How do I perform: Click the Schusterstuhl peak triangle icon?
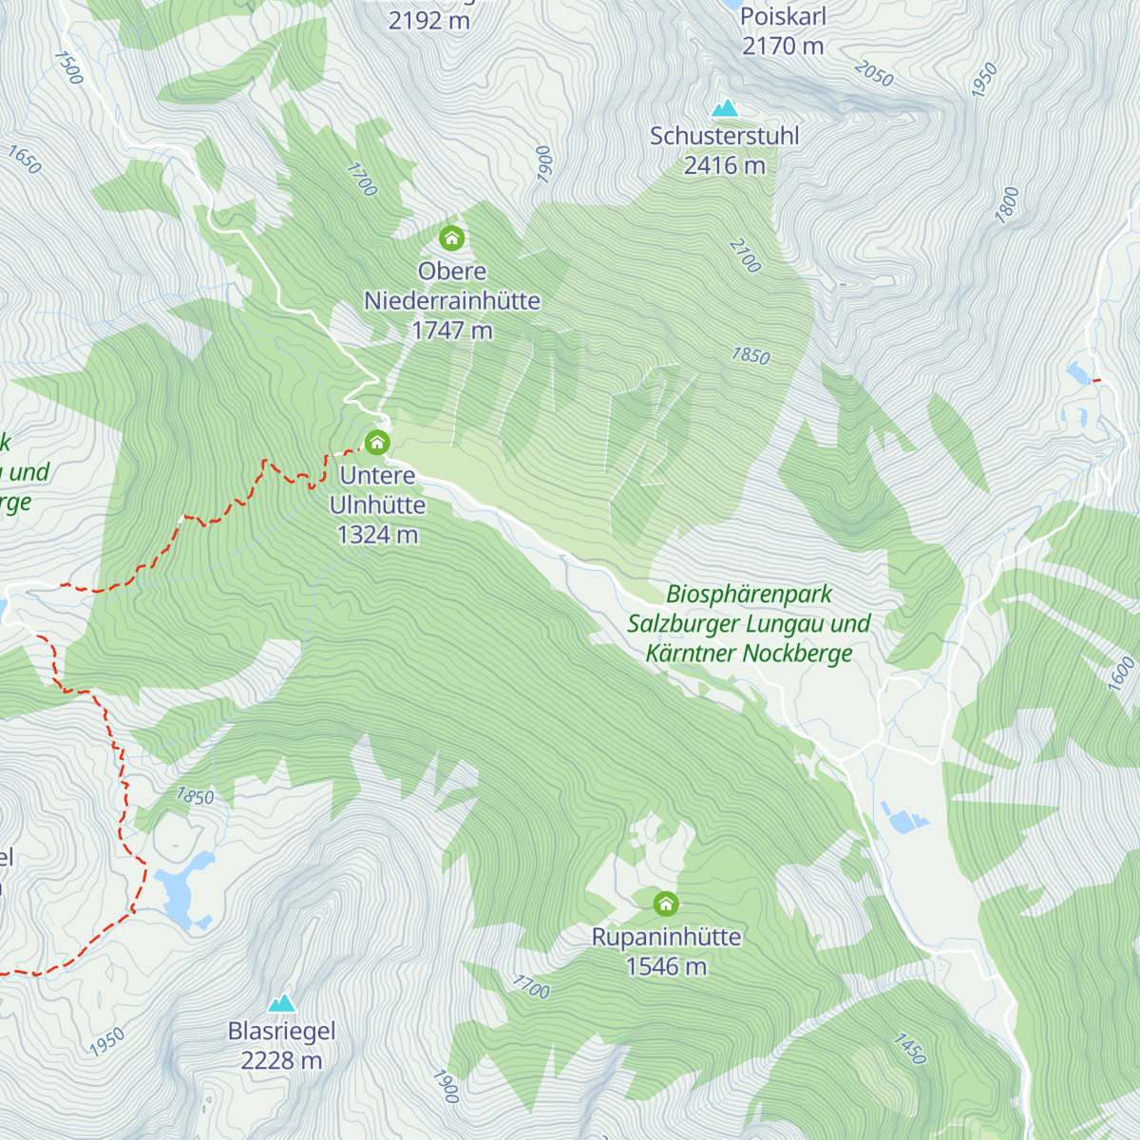tap(725, 108)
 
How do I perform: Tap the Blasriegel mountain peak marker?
tap(281, 1003)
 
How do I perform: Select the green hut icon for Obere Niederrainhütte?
tap(451, 237)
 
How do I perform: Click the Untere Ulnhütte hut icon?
tap(377, 443)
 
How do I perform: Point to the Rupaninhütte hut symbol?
tap(666, 903)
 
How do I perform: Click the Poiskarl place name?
tap(783, 17)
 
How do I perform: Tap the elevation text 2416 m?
tap(724, 165)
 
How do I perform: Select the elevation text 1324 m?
tap(377, 535)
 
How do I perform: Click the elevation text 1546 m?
tap(666, 966)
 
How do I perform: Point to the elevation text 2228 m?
tap(281, 1060)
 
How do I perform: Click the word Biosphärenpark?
tap(749, 595)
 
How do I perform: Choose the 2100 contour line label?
tap(746, 256)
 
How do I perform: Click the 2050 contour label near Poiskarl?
tap(873, 73)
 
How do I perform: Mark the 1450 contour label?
tap(909, 1049)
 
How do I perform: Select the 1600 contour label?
tap(1121, 673)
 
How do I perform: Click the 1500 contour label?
tap(69, 67)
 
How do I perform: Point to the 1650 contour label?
tap(25, 160)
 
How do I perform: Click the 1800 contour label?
tap(1007, 205)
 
